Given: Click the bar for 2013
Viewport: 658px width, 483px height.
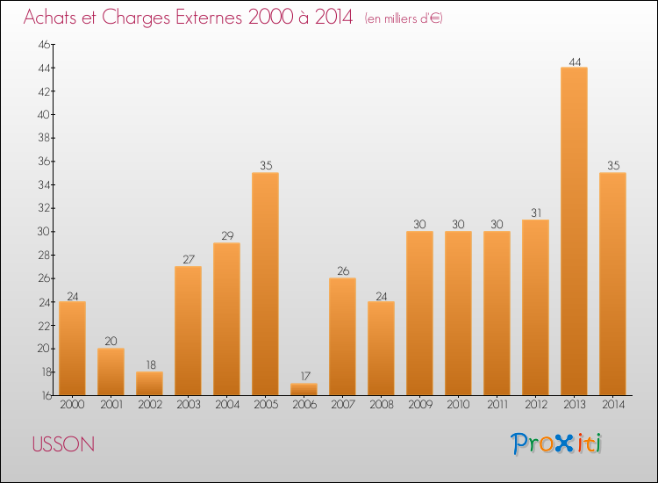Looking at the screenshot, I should coord(574,231).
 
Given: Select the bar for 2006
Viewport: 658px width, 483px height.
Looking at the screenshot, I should coord(304,389).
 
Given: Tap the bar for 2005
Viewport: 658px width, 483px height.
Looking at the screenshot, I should coord(265,284).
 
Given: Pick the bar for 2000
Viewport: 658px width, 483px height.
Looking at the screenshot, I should coord(72,348).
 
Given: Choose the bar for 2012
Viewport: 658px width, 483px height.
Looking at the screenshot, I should coord(535,307).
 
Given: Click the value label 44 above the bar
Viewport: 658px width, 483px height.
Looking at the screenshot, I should coord(574,61).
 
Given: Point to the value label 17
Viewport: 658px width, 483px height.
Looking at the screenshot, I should coord(304,376).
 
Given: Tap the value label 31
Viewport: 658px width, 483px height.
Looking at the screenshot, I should coord(535,213).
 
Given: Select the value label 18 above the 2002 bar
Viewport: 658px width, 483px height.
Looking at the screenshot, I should coord(149,364).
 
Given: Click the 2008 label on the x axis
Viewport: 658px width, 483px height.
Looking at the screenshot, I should coord(381,405).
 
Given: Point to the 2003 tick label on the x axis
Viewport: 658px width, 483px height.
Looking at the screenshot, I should coord(188,405).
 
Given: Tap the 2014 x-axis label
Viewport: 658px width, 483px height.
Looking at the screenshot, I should coord(612,405).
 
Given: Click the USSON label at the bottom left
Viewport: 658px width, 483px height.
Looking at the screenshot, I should coord(63,444).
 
